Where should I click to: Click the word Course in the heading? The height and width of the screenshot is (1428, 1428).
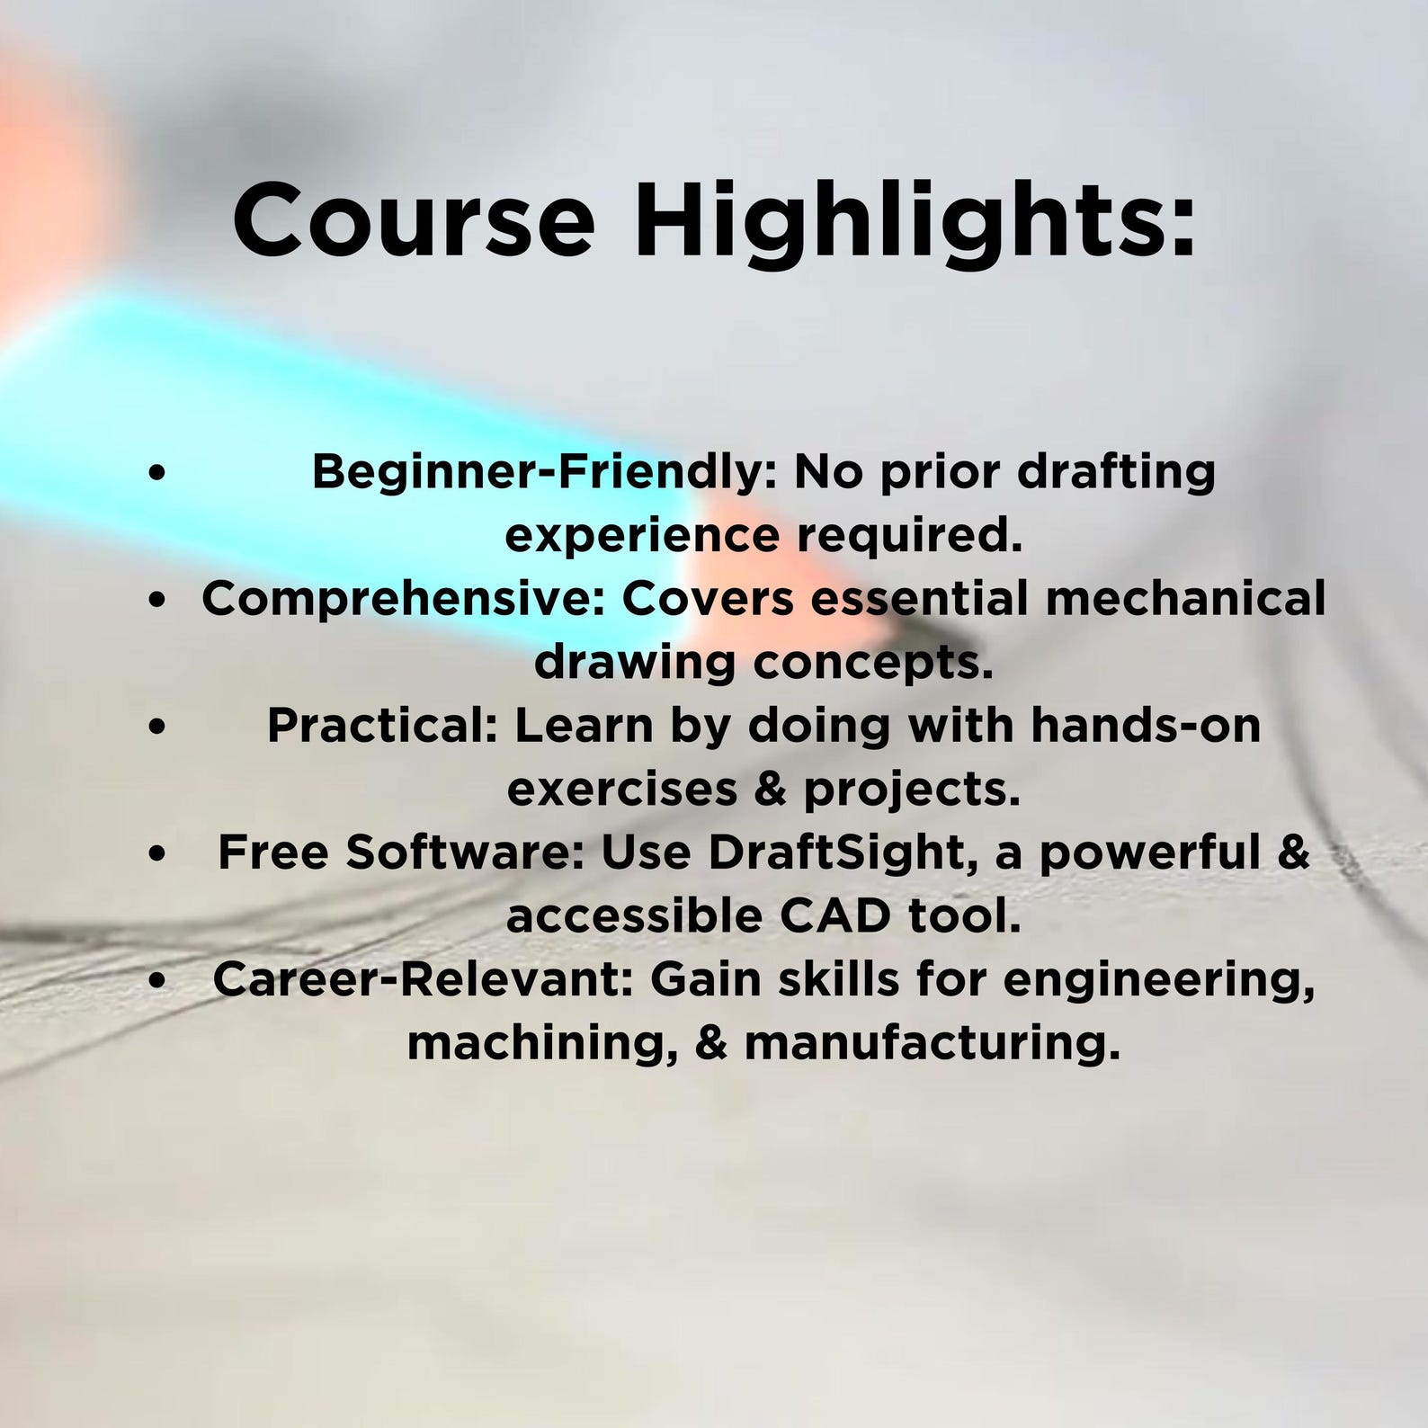(414, 219)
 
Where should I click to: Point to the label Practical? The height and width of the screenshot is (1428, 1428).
(382, 726)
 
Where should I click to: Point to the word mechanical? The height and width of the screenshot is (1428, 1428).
(1185, 599)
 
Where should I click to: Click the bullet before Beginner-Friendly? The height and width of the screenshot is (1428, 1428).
(158, 474)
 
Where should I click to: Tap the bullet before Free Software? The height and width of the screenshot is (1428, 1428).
(158, 854)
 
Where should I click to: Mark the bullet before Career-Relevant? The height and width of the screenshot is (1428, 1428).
(158, 982)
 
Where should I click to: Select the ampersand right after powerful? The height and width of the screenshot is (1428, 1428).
(1292, 853)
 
